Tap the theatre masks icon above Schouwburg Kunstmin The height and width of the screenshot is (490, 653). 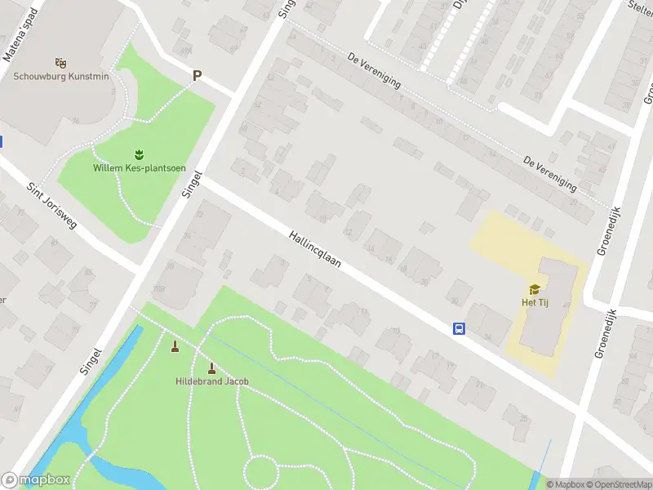60,62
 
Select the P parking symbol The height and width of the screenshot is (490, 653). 196,76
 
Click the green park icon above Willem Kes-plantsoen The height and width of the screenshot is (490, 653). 138,154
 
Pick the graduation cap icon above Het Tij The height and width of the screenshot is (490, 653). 535,289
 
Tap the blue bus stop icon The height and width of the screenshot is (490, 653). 459,328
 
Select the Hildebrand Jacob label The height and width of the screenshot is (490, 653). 212,381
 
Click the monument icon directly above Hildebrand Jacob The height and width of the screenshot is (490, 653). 212,367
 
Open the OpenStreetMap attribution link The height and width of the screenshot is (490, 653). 621,484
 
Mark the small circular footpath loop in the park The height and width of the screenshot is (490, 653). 262,471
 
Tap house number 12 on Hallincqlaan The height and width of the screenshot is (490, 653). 349,232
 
